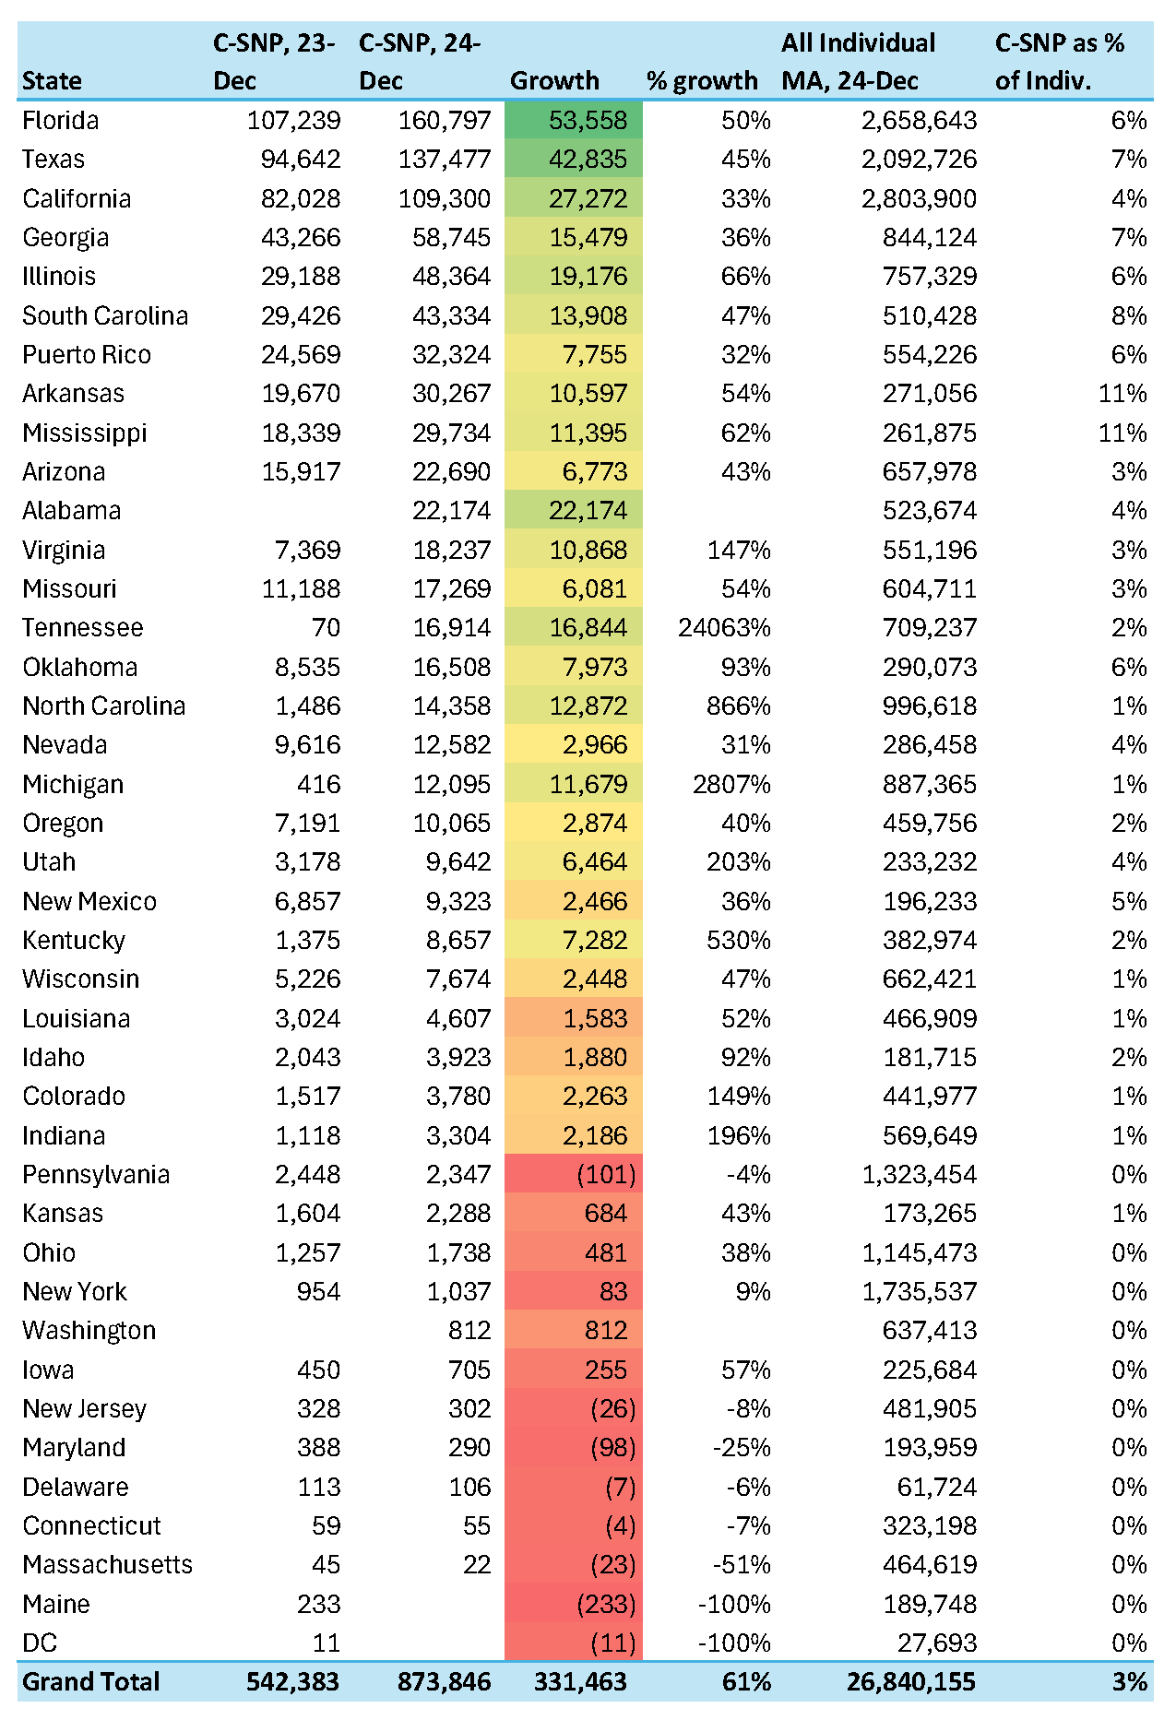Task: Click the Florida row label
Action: (61, 120)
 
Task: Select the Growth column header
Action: (554, 81)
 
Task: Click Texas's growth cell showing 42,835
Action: (588, 160)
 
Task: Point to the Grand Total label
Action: (91, 1681)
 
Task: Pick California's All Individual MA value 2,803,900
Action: (919, 198)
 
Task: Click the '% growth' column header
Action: (702, 81)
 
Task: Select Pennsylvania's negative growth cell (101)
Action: (606, 1174)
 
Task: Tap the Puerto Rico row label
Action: (87, 354)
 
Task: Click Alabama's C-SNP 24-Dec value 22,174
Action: (451, 511)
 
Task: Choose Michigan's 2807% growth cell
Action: (731, 784)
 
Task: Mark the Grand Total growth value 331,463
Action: (580, 1681)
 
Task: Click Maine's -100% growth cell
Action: (734, 1604)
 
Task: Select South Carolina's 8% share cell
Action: (1129, 315)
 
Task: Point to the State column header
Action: (53, 81)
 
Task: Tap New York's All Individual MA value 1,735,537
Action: (919, 1291)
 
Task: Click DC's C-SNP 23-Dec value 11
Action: (327, 1643)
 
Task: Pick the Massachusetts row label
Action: (108, 1564)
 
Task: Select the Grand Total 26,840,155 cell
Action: (911, 1681)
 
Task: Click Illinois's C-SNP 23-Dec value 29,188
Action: (301, 277)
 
